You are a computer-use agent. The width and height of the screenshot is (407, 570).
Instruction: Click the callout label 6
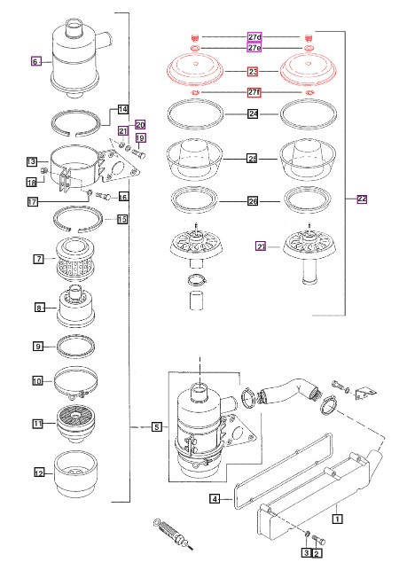(35, 62)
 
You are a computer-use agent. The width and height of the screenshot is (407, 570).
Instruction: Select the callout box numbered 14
(124, 110)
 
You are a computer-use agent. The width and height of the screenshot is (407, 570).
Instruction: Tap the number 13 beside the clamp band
(31, 162)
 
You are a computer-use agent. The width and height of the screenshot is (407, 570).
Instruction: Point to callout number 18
(31, 183)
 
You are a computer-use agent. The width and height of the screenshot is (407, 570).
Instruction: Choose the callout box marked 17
(31, 202)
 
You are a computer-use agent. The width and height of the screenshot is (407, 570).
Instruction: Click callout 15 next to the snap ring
(122, 219)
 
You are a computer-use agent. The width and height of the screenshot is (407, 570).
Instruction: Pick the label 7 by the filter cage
(39, 259)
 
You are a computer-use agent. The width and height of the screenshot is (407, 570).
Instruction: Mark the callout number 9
(39, 308)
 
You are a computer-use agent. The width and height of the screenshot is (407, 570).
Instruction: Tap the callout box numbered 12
(38, 381)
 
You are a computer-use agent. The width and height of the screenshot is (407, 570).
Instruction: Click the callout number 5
(156, 426)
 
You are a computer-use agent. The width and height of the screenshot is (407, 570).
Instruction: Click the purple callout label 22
(362, 199)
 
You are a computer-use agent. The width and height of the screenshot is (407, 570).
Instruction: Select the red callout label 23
(253, 71)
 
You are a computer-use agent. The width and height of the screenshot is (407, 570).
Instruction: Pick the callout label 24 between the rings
(253, 113)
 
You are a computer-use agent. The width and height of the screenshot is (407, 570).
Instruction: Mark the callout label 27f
(254, 92)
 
